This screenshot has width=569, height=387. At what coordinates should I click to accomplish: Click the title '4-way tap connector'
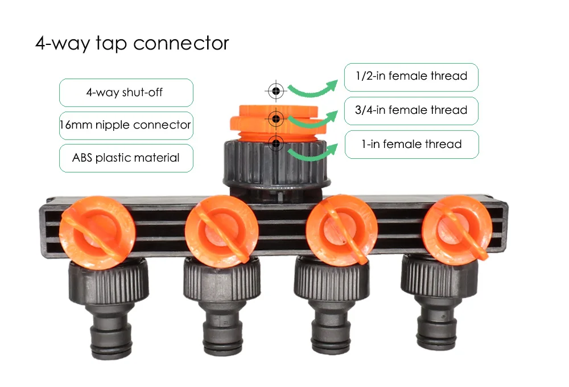pos(132,43)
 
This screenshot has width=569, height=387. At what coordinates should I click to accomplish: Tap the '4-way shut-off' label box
pos(126,92)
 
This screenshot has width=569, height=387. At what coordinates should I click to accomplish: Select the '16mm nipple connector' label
pos(126,125)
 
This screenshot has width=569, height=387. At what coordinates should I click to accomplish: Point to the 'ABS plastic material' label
pos(126,158)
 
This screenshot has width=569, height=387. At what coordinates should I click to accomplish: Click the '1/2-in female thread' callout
pos(411,76)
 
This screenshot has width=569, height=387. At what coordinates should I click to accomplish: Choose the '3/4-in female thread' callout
pos(411,110)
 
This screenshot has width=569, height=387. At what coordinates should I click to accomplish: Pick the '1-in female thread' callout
pos(411,144)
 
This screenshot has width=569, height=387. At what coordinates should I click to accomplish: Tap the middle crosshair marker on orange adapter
pos(276,118)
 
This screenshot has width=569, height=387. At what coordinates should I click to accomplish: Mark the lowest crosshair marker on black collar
pos(276,143)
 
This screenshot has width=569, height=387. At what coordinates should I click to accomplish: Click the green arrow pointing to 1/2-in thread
pos(312,88)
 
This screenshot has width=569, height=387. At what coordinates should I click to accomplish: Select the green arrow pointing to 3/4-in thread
pos(313,120)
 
